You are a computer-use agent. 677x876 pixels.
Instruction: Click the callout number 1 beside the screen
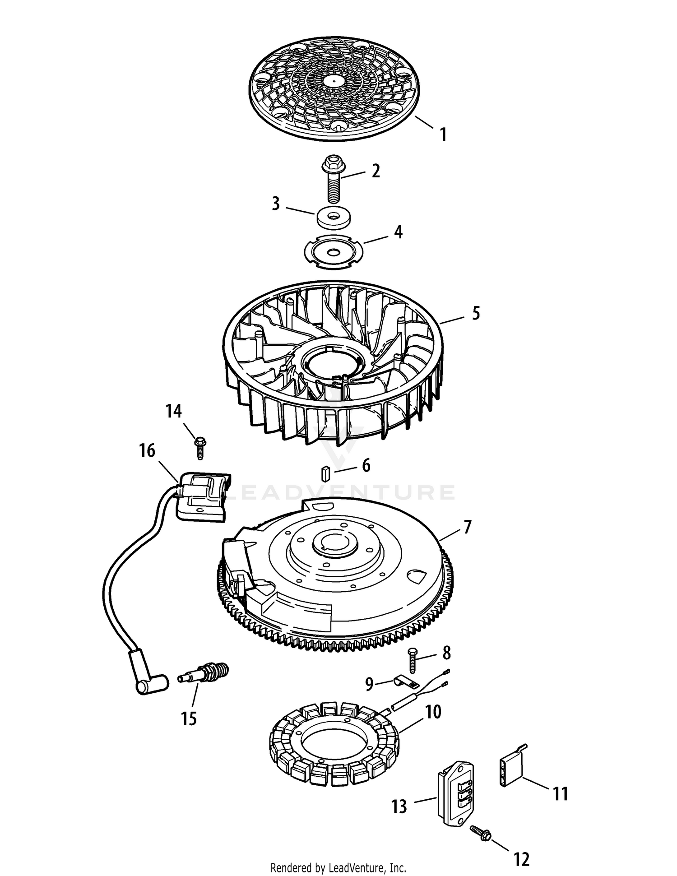tap(444, 134)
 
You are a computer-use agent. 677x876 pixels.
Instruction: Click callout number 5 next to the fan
tap(476, 313)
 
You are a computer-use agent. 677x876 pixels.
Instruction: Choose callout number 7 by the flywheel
tap(467, 527)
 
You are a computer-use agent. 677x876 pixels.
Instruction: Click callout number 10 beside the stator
tap(433, 712)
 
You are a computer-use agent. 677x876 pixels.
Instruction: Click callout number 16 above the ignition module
tap(147, 450)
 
